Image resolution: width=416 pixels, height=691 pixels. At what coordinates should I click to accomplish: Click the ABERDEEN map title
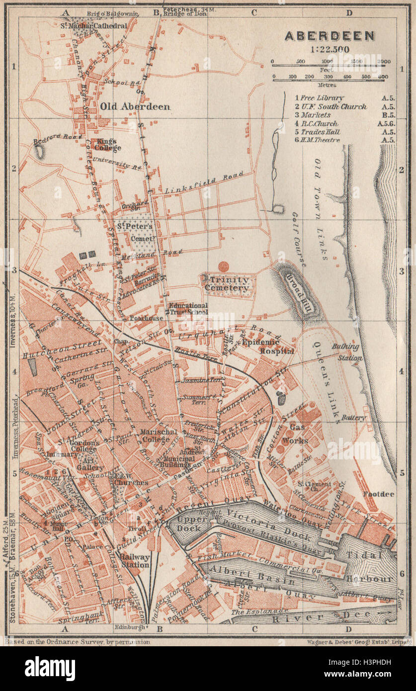[x=330, y=36]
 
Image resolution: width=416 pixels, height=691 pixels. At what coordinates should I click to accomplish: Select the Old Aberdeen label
[x=135, y=106]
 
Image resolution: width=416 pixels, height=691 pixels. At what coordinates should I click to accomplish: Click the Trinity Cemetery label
[x=226, y=284]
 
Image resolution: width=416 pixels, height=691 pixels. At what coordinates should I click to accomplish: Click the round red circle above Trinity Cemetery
[x=224, y=266]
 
